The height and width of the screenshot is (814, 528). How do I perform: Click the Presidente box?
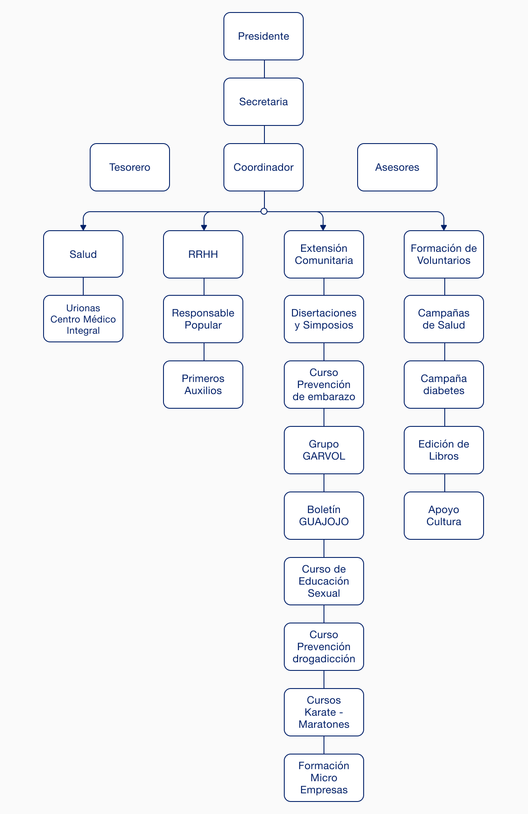pyautogui.click(x=264, y=36)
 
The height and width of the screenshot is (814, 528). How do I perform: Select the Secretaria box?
pyautogui.click(x=264, y=102)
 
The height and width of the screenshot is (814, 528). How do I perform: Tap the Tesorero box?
pyautogui.click(x=130, y=167)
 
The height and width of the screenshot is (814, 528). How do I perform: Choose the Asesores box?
pyautogui.click(x=397, y=167)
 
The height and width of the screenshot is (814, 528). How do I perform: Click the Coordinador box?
pyautogui.click(x=264, y=167)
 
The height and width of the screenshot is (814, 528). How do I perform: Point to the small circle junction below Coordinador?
pyautogui.click(x=264, y=211)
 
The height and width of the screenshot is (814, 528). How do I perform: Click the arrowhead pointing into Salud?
pyautogui.click(x=83, y=228)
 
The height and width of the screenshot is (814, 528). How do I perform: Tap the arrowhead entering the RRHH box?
pyautogui.click(x=204, y=228)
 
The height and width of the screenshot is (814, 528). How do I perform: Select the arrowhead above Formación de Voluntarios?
pyautogui.click(x=444, y=228)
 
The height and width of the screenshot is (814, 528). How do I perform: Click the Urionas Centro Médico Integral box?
pyautogui.click(x=83, y=319)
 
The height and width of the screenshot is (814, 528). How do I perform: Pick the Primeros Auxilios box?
pyautogui.click(x=203, y=385)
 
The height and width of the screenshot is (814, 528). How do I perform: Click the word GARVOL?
pyautogui.click(x=324, y=456)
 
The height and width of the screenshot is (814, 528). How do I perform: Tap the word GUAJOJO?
pyautogui.click(x=324, y=522)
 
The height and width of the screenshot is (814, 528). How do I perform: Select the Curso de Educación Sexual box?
pyautogui.click(x=324, y=581)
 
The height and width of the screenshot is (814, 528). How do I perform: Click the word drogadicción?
pyautogui.click(x=324, y=659)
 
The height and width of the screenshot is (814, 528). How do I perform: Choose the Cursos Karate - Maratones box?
pyautogui.click(x=324, y=712)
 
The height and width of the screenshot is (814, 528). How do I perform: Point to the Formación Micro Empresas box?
pyautogui.click(x=324, y=778)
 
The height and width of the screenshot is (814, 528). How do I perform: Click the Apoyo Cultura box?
pyautogui.click(x=444, y=516)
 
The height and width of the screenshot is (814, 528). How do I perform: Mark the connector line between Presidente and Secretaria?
pyautogui.click(x=264, y=69)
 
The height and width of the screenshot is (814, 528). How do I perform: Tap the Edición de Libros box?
pyautogui.click(x=444, y=450)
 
